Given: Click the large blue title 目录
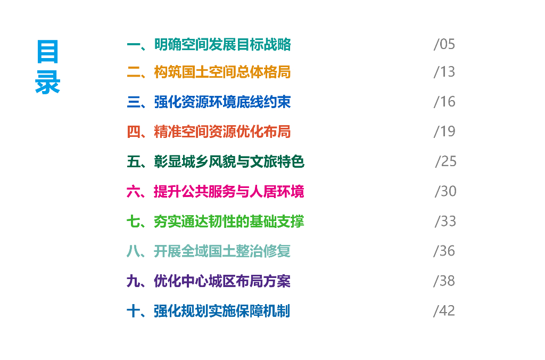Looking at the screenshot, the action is click(x=48, y=68).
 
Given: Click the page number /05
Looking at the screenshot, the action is click(x=444, y=44).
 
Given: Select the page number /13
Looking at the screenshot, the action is click(x=444, y=72).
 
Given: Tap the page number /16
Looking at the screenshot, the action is click(x=444, y=102).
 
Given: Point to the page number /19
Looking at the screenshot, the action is click(x=444, y=132).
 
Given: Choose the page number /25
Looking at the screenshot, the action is click(x=445, y=161).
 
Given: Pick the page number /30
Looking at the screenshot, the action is click(x=445, y=191).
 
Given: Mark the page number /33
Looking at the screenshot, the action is click(x=445, y=221).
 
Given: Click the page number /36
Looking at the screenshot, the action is click(x=444, y=251).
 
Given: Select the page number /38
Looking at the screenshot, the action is click(x=444, y=281).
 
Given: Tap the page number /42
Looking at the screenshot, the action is click(x=444, y=310).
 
